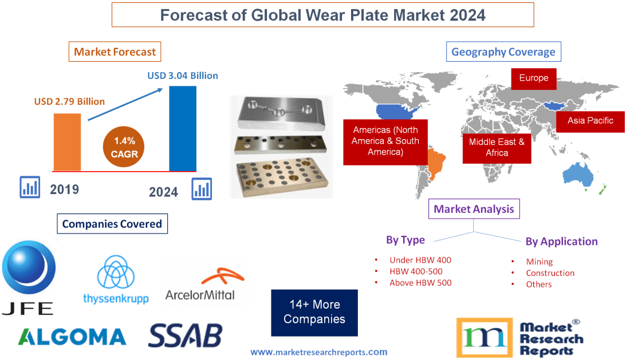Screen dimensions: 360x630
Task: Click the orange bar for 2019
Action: click(67, 141)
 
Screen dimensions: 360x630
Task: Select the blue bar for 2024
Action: click(183, 128)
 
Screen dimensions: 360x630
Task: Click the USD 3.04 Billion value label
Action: click(183, 76)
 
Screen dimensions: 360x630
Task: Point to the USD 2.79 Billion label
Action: click(69, 101)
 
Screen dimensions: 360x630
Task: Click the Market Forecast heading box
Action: click(115, 52)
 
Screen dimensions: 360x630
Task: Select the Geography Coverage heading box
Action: click(503, 52)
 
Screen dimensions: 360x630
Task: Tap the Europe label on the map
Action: click(534, 78)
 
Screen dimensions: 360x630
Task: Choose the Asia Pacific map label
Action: click(590, 121)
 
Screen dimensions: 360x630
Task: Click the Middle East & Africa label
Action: click(497, 147)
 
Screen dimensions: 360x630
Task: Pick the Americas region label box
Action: click(385, 141)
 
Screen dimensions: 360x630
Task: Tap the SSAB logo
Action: click(185, 335)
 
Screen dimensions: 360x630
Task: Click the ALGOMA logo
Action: click(72, 336)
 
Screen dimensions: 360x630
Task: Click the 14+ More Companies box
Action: click(314, 312)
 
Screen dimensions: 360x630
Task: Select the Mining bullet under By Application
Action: click(539, 262)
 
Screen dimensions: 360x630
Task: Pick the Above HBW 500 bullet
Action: click(420, 283)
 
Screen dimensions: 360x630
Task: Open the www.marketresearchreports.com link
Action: click(319, 352)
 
